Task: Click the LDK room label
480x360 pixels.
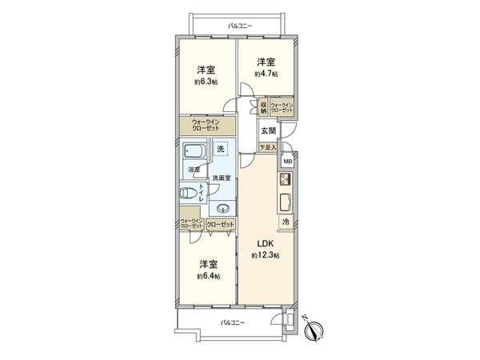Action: click(265, 244)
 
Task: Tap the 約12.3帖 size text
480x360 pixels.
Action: click(265, 255)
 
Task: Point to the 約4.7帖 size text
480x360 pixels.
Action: click(266, 74)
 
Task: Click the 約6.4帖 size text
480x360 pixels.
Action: click(208, 276)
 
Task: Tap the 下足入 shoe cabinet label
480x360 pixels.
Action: click(268, 148)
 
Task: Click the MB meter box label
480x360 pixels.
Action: click(288, 163)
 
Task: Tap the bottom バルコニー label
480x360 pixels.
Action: click(233, 322)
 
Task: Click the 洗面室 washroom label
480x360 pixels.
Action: click(222, 177)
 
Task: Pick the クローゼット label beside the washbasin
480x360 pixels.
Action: click(221, 226)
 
